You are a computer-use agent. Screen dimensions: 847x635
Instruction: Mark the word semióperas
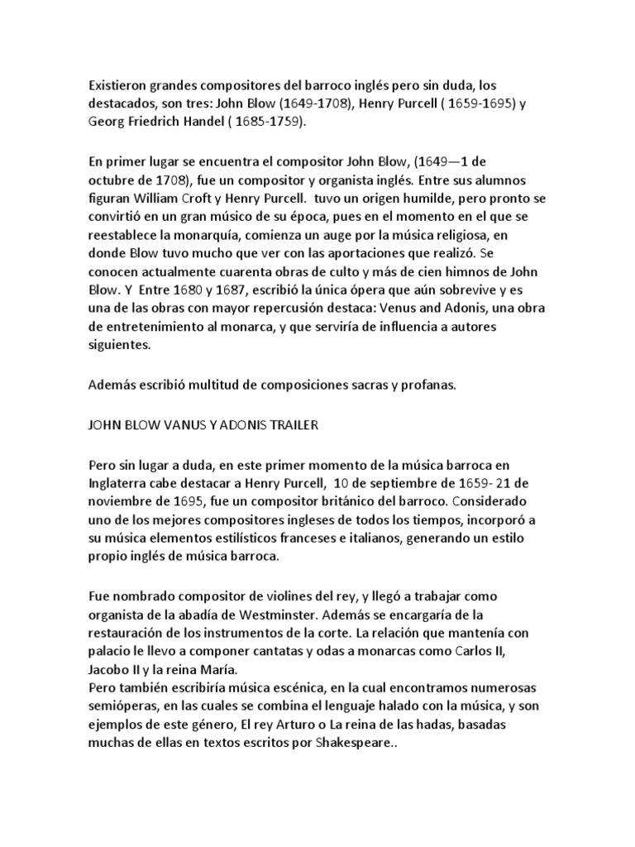pos(124,706)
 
